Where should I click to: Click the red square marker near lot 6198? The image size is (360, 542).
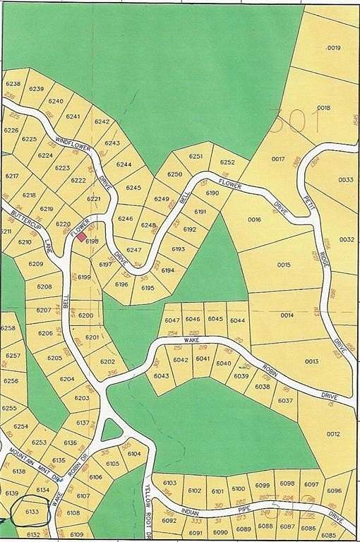coord(82,238)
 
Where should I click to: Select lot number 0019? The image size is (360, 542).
coord(334,48)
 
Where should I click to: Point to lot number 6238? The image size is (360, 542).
coord(13,84)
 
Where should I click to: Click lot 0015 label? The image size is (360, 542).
coord(284,265)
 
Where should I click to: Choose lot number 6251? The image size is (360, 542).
coord(196,156)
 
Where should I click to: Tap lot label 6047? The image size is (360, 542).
coord(172,320)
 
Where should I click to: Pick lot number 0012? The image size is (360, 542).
coord(333,434)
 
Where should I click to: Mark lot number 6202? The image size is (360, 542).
coord(107,362)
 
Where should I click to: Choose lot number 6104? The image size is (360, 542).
coord(134,454)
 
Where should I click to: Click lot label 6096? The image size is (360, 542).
coord(334,490)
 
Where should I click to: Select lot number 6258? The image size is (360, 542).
coord(8,328)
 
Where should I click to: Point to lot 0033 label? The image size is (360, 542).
coord(345,180)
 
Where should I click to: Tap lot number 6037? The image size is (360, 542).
coord(285,401)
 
